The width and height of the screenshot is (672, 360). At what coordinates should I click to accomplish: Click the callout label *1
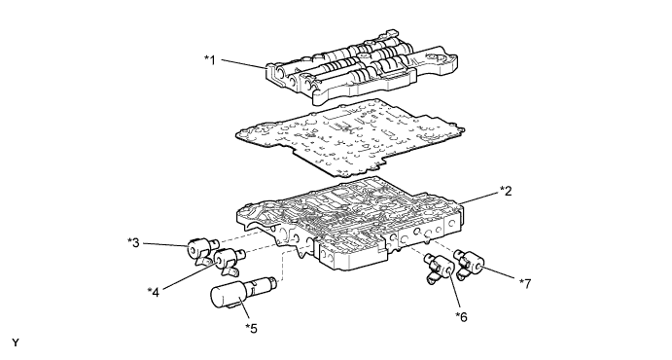[210, 60]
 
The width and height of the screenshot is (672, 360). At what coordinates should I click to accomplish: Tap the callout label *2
[506, 191]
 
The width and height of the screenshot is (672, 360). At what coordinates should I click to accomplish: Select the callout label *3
[133, 242]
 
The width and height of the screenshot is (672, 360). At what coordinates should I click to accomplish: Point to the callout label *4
[153, 292]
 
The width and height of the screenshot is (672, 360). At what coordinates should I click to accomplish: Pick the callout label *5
[251, 328]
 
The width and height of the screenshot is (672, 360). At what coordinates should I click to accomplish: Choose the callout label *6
[461, 317]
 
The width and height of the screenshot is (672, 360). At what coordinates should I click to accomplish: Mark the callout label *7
[525, 283]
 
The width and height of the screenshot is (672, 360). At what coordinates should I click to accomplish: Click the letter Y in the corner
[16, 342]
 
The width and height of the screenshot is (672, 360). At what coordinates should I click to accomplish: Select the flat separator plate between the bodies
[349, 138]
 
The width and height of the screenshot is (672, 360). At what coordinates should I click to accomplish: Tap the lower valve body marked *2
[349, 223]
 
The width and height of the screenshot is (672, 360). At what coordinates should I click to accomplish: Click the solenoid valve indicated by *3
[201, 250]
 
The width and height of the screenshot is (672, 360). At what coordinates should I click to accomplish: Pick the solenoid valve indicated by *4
[228, 261]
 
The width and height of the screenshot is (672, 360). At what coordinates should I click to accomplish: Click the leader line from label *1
[244, 64]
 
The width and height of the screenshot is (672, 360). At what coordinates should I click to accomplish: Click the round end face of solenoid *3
[194, 249]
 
